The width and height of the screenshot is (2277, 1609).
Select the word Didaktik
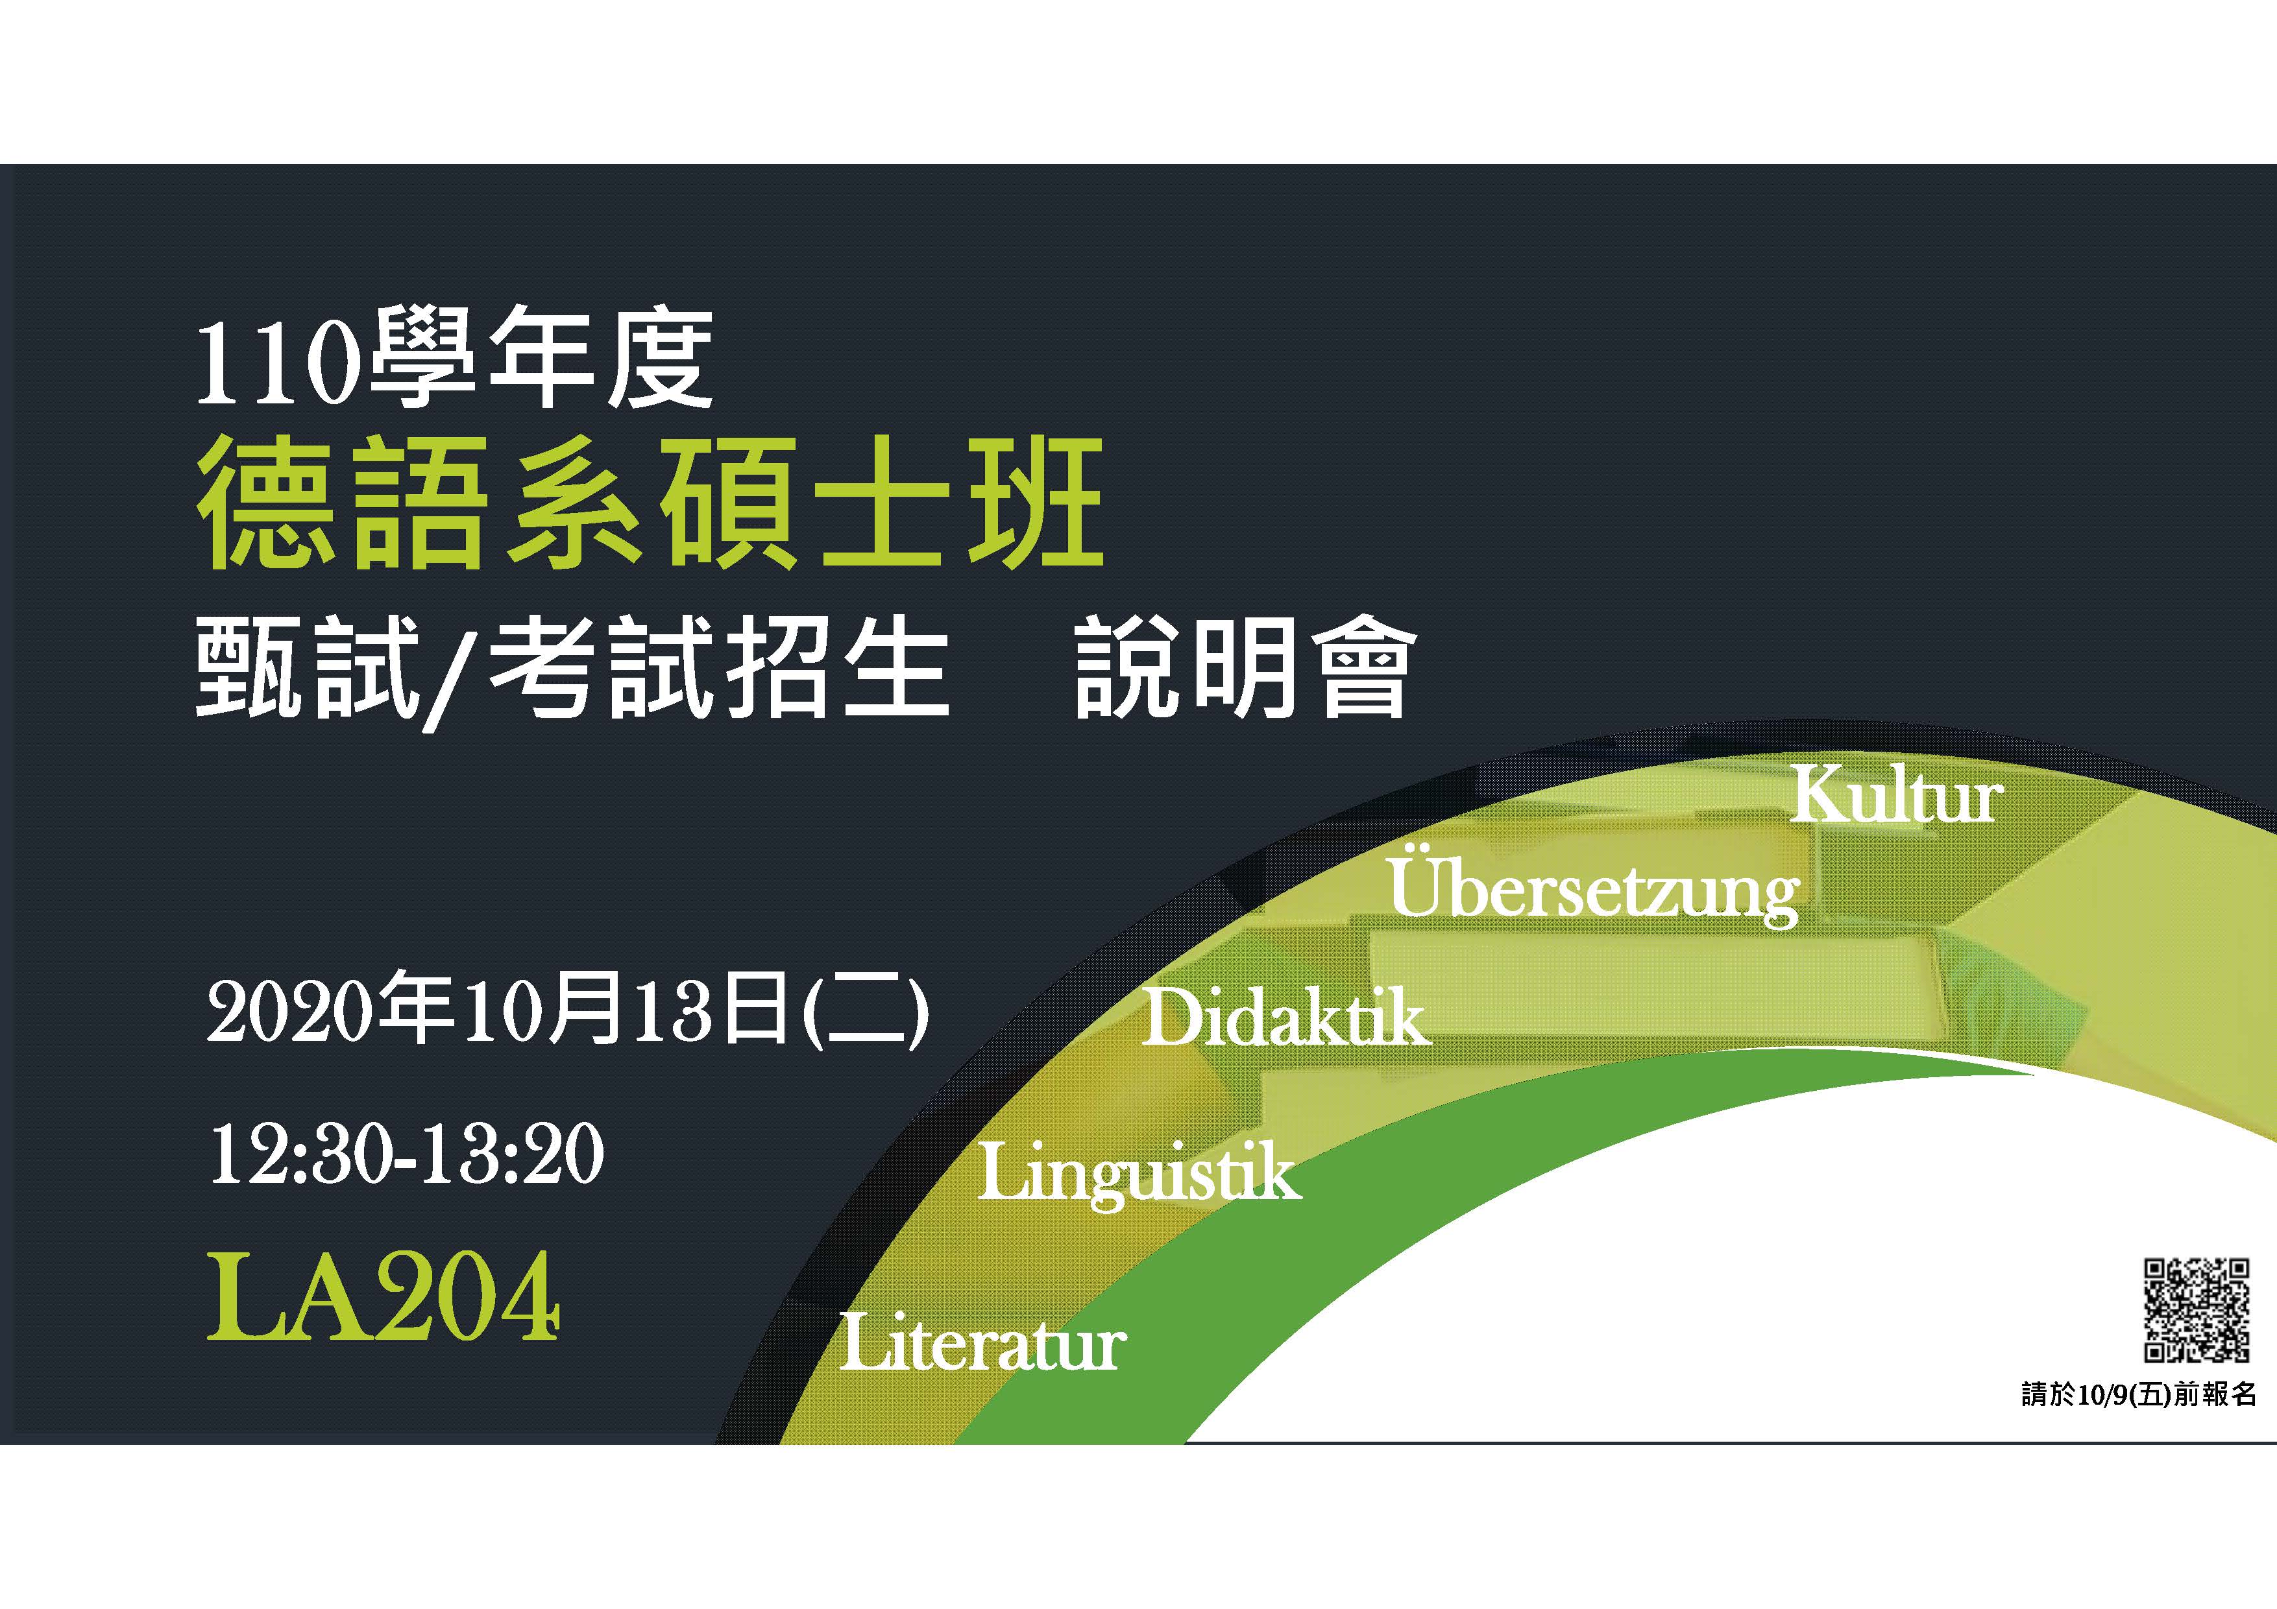pyautogui.click(x=1286, y=1017)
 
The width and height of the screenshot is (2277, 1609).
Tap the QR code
pyautogui.click(x=2197, y=1309)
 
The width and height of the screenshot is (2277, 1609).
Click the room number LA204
pyautogui.click(x=383, y=1296)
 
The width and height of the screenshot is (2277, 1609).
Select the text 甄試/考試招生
pyautogui.click(x=572, y=670)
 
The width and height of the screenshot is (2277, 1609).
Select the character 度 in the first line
pyautogui.click(x=661, y=358)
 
